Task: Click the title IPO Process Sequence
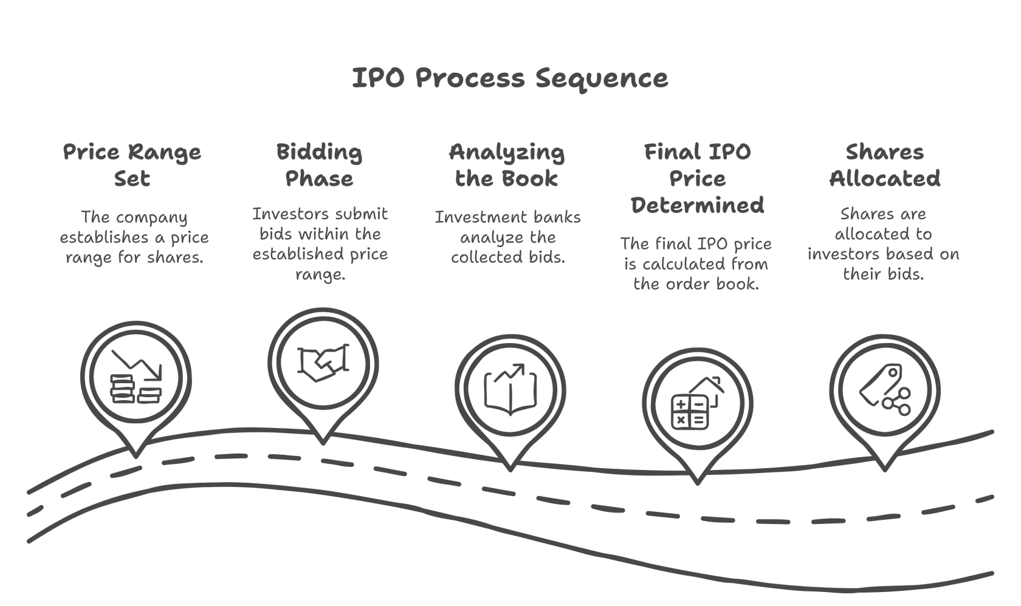[x=510, y=78]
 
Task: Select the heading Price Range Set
[x=132, y=165]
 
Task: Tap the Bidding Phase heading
[x=320, y=165]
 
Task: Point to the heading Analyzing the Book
[x=507, y=165]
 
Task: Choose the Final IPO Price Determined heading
[x=698, y=178]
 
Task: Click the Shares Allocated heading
[x=885, y=165]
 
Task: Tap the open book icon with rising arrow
[x=510, y=390]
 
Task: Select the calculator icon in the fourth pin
[x=690, y=412]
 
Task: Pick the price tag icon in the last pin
[x=880, y=384]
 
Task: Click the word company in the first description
[x=151, y=218]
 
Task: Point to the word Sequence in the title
[x=602, y=79]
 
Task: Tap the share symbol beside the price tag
[x=896, y=401]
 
